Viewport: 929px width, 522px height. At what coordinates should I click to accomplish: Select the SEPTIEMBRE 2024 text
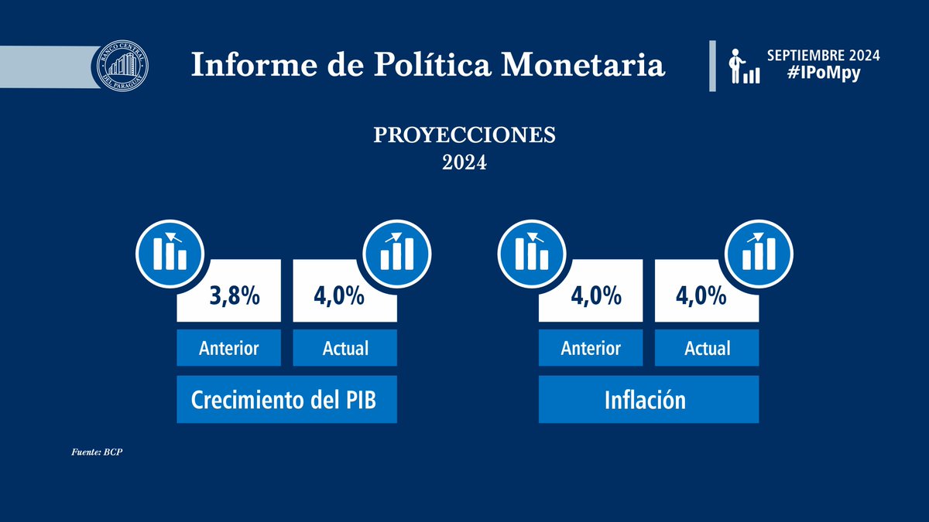click(823, 56)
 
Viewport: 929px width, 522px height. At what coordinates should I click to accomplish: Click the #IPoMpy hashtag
click(823, 76)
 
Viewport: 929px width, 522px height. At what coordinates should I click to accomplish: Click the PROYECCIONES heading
click(464, 135)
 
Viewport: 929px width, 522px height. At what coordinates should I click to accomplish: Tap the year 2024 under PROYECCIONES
click(464, 163)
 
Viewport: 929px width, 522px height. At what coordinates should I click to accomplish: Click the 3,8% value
click(235, 296)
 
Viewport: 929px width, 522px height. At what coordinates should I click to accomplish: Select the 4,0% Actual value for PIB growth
click(340, 296)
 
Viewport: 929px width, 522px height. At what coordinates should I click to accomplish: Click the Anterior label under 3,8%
click(229, 348)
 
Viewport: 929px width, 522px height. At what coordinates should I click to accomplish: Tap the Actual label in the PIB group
click(345, 348)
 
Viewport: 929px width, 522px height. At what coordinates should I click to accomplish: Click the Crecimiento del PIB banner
click(286, 400)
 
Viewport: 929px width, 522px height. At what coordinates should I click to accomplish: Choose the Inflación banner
click(649, 400)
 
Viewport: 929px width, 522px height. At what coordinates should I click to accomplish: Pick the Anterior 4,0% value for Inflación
click(596, 296)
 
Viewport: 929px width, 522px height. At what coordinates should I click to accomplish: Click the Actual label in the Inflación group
click(708, 348)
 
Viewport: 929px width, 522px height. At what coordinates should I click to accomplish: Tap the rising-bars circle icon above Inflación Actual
click(757, 251)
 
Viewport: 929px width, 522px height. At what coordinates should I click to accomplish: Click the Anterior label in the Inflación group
click(591, 348)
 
